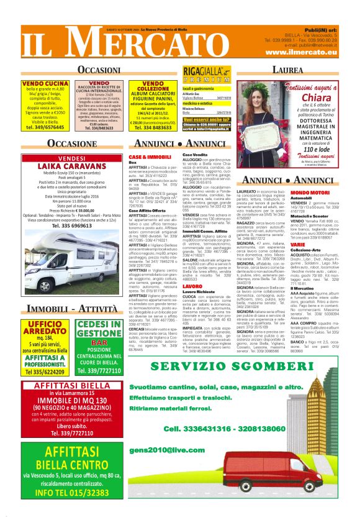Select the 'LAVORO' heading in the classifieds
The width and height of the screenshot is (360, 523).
coord(192,286)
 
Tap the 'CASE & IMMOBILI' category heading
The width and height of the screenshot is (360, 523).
coord(144,157)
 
